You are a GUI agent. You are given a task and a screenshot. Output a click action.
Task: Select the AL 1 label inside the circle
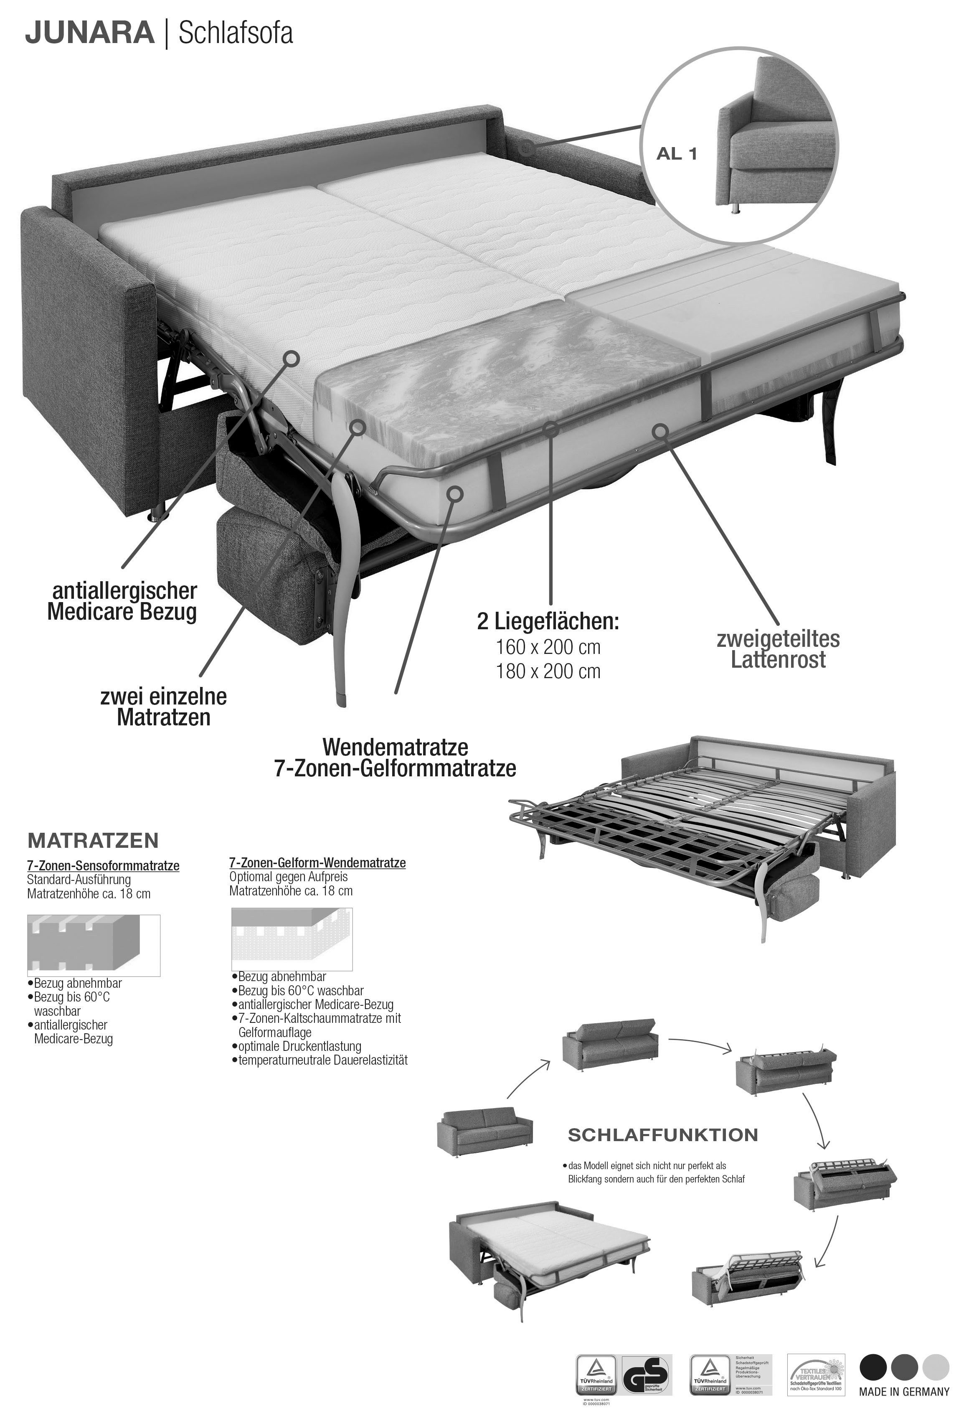pos(677,154)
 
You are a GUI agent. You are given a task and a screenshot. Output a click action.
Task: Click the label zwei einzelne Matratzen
pos(164,707)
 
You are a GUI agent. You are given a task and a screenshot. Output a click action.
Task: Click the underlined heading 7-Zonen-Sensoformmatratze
pos(103,866)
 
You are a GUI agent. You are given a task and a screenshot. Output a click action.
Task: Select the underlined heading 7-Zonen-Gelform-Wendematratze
pos(317,863)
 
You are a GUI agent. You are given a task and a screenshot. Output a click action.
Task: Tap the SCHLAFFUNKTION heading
pos(663,1135)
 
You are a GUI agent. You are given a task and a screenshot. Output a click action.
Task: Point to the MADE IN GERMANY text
pos(903,1409)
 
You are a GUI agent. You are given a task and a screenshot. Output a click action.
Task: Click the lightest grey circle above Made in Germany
pos(935,1383)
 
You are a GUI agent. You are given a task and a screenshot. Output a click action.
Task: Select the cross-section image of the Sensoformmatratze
pos(93,945)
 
